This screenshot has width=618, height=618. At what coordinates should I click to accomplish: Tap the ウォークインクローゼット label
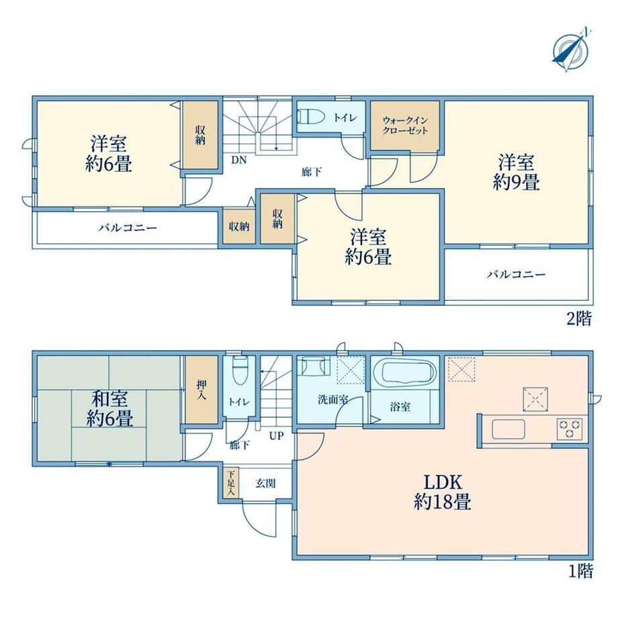[405, 126]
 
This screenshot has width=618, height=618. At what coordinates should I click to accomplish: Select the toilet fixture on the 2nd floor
[310, 117]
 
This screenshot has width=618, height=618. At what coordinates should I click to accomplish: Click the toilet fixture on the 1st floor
[239, 370]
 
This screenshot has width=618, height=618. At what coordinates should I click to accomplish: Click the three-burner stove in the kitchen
[570, 429]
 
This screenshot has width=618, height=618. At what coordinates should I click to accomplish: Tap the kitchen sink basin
[508, 429]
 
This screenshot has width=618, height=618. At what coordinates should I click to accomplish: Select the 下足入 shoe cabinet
[231, 482]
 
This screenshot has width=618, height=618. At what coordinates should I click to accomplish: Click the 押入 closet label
[202, 390]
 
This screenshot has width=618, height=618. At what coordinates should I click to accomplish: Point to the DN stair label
[239, 160]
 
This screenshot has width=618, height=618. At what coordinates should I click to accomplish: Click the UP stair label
[277, 435]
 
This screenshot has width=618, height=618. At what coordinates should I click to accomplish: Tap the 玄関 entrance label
[265, 483]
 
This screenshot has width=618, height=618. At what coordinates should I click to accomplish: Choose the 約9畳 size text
[516, 181]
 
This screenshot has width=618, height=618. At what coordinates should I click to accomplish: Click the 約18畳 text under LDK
[442, 502]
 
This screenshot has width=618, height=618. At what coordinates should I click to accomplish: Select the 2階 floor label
[579, 318]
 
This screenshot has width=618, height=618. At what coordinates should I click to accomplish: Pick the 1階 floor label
[580, 572]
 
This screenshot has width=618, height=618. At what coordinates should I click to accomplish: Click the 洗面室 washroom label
[333, 399]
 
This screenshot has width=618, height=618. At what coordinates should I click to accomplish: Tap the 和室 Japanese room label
[109, 399]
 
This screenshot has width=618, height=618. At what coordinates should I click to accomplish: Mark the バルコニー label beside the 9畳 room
[516, 274]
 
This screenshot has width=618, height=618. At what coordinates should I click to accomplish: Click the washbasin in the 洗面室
[314, 365]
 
